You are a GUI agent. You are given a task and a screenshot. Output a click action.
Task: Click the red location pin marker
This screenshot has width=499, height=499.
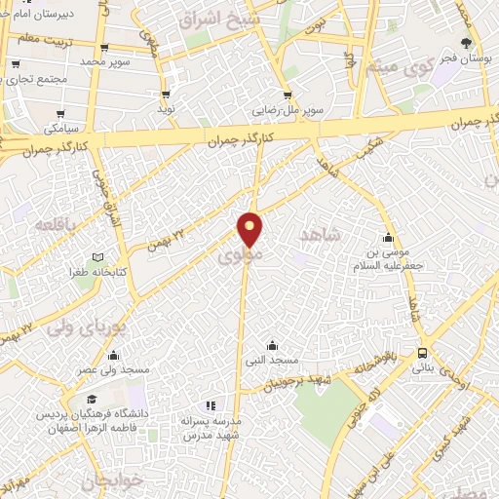(x=250, y=230)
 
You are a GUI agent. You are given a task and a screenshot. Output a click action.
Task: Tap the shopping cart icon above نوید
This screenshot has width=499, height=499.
(x=166, y=95)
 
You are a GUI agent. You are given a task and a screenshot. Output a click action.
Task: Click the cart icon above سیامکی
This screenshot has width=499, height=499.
(x=60, y=113)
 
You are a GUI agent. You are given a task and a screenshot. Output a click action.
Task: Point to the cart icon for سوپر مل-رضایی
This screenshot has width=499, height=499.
(x=287, y=95)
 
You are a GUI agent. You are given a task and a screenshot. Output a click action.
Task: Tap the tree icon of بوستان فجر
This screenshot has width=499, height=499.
(x=466, y=43)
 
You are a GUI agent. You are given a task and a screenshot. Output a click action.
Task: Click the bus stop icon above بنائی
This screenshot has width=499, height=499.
(x=422, y=353)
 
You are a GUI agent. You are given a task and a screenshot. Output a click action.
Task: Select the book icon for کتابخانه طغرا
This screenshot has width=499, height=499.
(x=96, y=257)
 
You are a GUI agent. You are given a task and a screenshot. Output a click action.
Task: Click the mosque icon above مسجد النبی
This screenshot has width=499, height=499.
(x=271, y=344)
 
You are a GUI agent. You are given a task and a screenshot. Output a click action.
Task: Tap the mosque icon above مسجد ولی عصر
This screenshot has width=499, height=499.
(x=114, y=355)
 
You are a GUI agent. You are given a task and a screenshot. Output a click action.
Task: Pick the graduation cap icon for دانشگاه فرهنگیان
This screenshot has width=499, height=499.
(x=93, y=400)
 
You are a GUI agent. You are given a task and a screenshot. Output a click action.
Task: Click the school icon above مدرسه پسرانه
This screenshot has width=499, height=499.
(x=208, y=404)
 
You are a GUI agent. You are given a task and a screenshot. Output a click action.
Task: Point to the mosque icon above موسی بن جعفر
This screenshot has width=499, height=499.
(x=389, y=238)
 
